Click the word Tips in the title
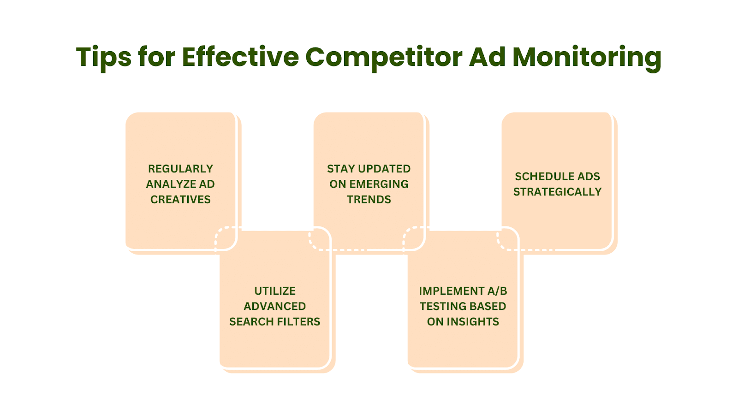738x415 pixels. (104, 58)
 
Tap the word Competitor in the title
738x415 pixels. (384, 58)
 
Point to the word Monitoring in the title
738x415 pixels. (587, 58)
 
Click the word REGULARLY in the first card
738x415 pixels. (180, 169)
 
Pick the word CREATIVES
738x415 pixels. (180, 199)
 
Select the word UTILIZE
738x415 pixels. (275, 291)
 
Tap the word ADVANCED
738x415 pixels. (275, 306)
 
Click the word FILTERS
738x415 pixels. (299, 321)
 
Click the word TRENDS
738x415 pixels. (369, 199)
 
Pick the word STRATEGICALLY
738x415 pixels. (558, 192)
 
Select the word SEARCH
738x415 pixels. (252, 321)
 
